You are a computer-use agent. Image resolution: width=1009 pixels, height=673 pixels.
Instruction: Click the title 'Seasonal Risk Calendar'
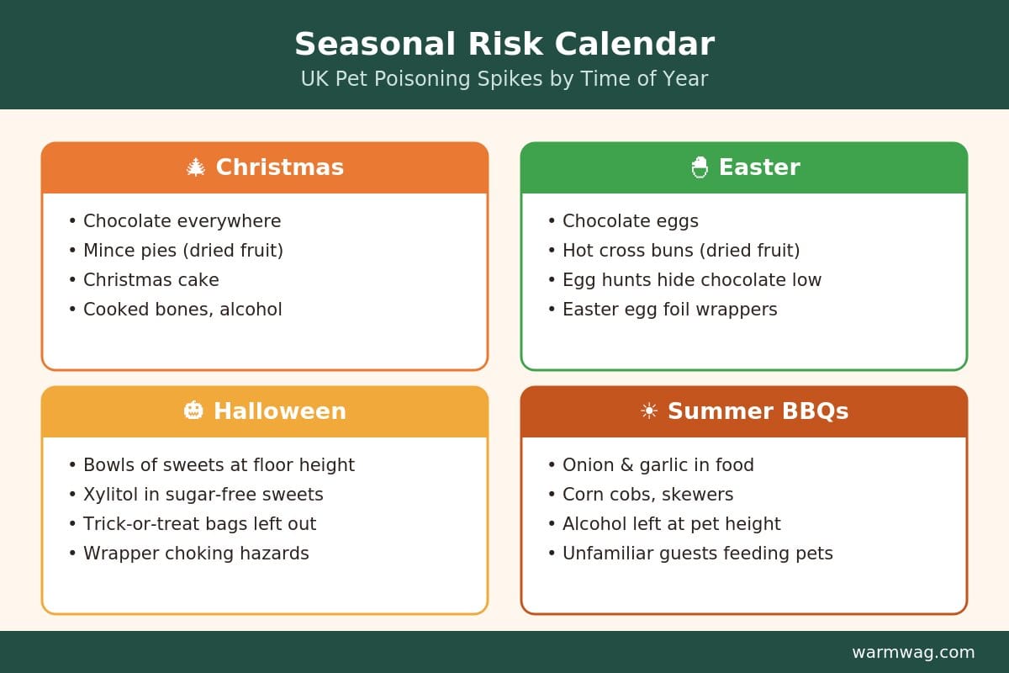coord(504,44)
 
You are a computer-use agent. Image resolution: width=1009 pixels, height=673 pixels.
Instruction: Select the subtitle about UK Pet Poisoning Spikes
coord(504,78)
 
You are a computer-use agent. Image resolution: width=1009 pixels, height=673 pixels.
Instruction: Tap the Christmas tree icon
coord(196,167)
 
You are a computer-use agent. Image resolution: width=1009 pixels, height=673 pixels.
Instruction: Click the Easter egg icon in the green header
coord(700,167)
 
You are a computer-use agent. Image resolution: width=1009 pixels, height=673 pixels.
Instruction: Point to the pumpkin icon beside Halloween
coord(193,411)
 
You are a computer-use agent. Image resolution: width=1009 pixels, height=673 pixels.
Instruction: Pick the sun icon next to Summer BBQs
coord(649,411)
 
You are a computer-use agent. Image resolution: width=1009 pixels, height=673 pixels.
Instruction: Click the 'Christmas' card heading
coord(280,167)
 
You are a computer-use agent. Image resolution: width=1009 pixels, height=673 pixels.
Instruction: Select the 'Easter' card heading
coord(759,167)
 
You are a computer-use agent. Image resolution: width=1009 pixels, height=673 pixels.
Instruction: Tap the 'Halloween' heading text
coord(280,411)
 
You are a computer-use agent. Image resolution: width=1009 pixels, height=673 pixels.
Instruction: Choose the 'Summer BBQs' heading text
coord(758,411)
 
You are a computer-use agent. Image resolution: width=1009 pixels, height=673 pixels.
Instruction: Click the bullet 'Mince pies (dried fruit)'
coord(183,251)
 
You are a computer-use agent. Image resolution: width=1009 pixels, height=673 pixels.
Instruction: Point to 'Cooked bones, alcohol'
coord(182,310)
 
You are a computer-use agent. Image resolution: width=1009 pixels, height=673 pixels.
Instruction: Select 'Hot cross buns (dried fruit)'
coord(681,251)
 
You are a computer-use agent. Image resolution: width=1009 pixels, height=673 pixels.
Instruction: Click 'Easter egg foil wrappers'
coord(670,310)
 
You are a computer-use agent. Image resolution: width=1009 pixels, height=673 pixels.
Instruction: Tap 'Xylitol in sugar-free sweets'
coord(203,495)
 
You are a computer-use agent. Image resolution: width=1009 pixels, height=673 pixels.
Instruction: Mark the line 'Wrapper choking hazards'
coord(196,554)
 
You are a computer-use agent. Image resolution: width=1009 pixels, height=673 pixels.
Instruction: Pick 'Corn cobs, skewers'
coord(647,495)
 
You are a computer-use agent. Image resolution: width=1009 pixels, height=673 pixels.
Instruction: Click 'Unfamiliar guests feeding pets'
coord(698,554)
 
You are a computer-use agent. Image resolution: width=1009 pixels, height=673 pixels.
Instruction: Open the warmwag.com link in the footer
coord(913,652)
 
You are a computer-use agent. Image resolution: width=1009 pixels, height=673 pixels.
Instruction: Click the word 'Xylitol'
coord(111,495)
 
